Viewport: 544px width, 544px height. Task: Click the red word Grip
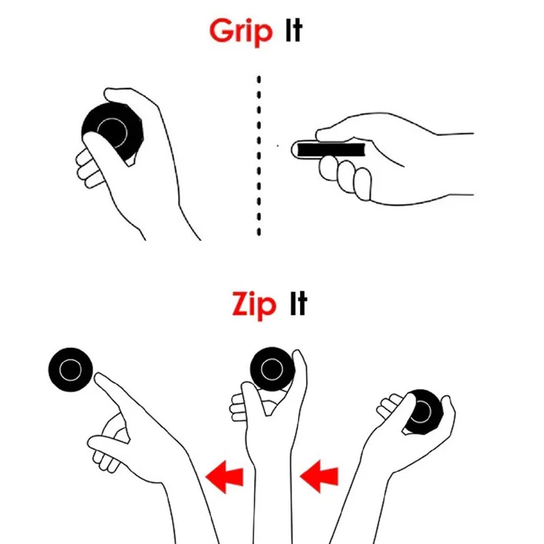point(241,32)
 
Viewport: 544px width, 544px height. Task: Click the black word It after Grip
point(292,32)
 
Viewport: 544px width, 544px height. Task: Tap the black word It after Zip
point(298,305)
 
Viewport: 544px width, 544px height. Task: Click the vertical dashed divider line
point(259,156)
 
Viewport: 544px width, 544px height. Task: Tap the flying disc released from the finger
point(70,371)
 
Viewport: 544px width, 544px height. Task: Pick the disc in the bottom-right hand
point(425,411)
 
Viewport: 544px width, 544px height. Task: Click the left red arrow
point(224,474)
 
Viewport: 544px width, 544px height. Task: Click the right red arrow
point(319,474)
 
